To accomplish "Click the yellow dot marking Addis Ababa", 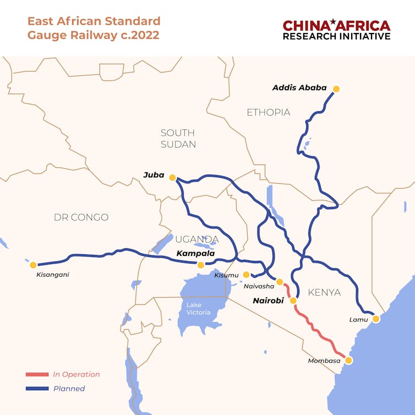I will tap(336, 89).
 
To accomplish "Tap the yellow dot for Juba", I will tap(172, 177).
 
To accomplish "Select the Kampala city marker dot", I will tap(201, 265).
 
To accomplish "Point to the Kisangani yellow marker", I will tap(33, 265).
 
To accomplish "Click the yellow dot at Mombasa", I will tap(348, 361).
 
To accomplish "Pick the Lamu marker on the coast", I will tap(376, 319).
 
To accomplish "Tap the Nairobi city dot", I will tap(293, 301).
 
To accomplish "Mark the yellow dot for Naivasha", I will tap(280, 282).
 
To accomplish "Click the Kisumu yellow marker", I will tap(246, 274).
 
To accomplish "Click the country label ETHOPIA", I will tap(268, 112).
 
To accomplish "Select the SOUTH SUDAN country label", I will tap(178, 138).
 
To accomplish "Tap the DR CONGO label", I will tap(81, 217).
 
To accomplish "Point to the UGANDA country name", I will tap(196, 239).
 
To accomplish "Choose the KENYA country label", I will tap(324, 292).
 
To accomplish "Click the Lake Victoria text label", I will tap(198, 309).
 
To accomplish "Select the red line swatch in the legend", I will tap(37, 374).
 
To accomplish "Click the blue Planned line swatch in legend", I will tap(37, 389).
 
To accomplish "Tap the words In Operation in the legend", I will tap(77, 374).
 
